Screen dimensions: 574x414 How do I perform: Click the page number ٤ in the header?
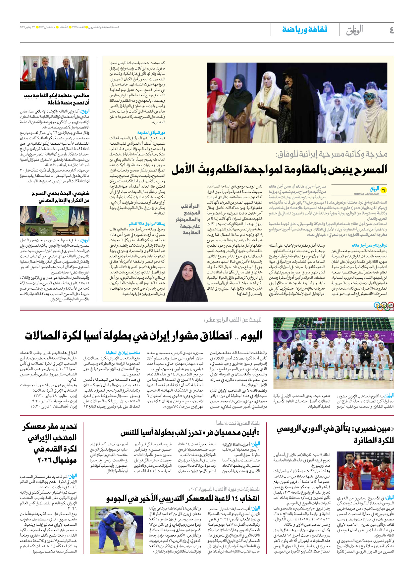391,30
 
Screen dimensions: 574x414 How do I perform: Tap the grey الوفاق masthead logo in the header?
354,30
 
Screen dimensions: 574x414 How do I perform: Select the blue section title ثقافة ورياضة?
304,29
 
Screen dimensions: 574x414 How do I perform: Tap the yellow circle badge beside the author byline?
383,190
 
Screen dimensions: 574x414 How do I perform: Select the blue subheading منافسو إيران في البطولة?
123,353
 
